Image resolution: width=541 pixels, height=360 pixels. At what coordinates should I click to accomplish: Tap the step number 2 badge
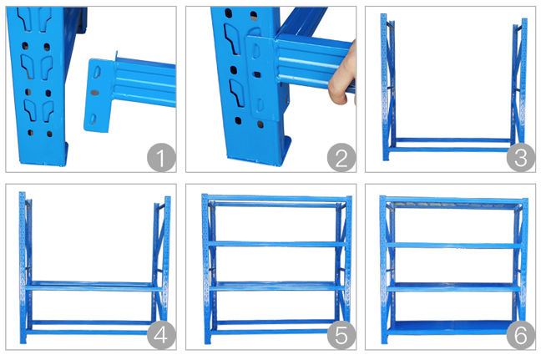[x=340, y=156]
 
